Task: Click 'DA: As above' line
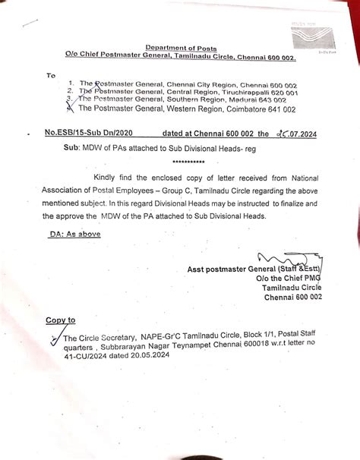75,235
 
